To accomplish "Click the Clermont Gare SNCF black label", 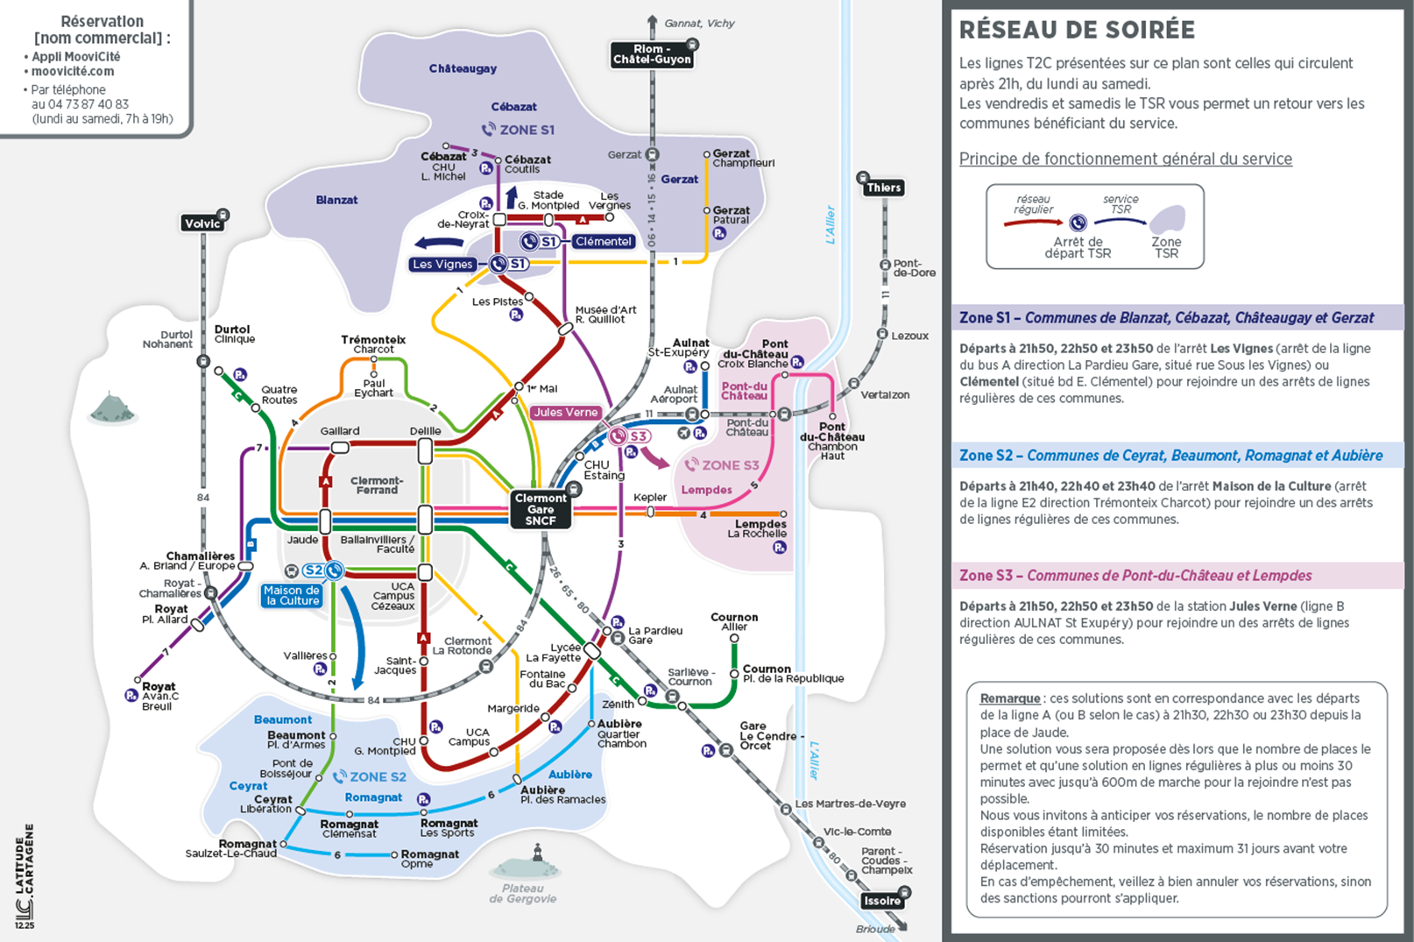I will pos(541,509).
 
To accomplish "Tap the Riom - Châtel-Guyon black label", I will pos(652,54).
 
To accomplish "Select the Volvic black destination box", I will pos(202,223).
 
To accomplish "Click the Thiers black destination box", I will pos(883,188).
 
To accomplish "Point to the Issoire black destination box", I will pos(881,901).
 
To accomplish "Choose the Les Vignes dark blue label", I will pos(442,264).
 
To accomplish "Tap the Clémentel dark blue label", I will pos(603,241).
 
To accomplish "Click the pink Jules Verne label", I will pos(565,412).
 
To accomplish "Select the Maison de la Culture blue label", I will pos(293,596).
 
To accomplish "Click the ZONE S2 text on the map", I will pos(378,776).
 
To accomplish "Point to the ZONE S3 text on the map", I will pos(730,465).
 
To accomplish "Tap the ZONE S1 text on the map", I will pos(527,130).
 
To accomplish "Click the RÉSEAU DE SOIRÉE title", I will pos(1077,30).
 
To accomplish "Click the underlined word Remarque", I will pos(1009,698).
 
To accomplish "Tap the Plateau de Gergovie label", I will pos(522,893).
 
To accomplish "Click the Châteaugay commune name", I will pos(463,68).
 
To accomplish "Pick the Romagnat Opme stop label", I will pos(429,858).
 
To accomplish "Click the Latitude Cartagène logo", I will pos(24,876).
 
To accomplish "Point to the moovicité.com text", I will pos(73,71).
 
